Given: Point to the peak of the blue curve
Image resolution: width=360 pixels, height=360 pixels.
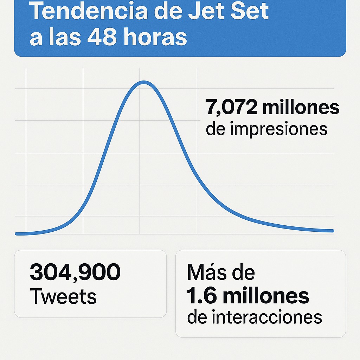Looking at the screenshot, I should point(143,82).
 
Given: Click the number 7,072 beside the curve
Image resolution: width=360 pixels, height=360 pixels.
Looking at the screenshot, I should point(232,108).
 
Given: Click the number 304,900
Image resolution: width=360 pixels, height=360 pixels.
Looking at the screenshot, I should point(75,272).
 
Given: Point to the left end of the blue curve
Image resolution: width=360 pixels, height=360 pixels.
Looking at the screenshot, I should point(17,233).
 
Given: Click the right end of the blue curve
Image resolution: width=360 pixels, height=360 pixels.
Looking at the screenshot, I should point(333,231).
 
